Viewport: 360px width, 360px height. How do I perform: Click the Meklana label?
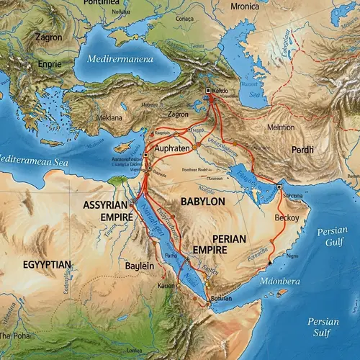tap(109, 117)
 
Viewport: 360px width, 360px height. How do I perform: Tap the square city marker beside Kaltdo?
tap(208, 91)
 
